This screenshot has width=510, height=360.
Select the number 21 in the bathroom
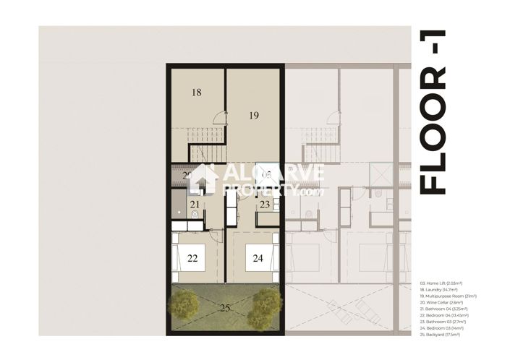point(195,205)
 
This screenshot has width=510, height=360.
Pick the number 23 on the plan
point(265,205)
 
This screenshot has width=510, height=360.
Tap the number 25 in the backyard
point(225,308)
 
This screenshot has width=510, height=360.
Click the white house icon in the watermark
point(204,179)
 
